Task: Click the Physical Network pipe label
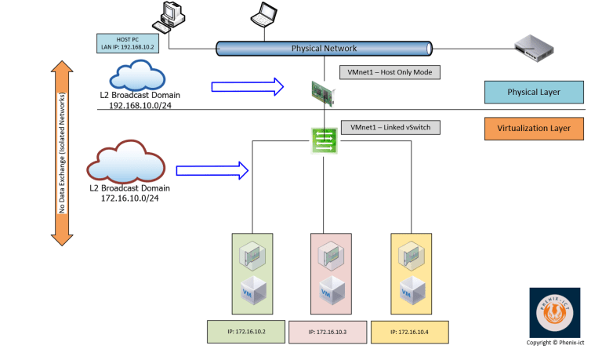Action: coord(324,49)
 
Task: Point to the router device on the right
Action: coord(535,49)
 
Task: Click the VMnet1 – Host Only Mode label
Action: coord(390,72)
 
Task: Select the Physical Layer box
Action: coord(534,92)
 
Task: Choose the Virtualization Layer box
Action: coord(534,127)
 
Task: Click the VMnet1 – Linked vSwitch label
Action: coord(390,127)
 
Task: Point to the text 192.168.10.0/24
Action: coord(140,104)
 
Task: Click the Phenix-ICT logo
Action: coord(560,313)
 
